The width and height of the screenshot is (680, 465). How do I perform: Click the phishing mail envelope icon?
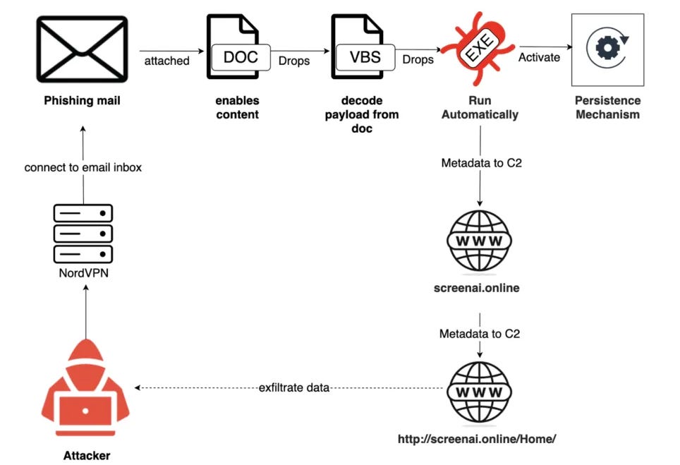click(83, 48)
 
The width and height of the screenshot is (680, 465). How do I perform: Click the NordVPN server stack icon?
click(83, 232)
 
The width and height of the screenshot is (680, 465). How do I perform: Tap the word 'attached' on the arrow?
click(167, 61)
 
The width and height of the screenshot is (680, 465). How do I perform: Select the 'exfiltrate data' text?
click(294, 387)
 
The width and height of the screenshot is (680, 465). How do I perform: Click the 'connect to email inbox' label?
click(83, 168)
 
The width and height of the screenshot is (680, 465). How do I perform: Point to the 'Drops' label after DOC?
click(294, 61)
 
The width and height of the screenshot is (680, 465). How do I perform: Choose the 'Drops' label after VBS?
click(418, 59)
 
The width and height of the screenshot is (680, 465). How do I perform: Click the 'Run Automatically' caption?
click(480, 108)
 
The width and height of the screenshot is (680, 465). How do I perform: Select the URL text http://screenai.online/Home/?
click(477, 439)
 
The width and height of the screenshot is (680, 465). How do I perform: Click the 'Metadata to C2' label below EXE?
click(480, 164)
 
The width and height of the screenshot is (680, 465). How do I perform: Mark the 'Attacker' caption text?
click(87, 455)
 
